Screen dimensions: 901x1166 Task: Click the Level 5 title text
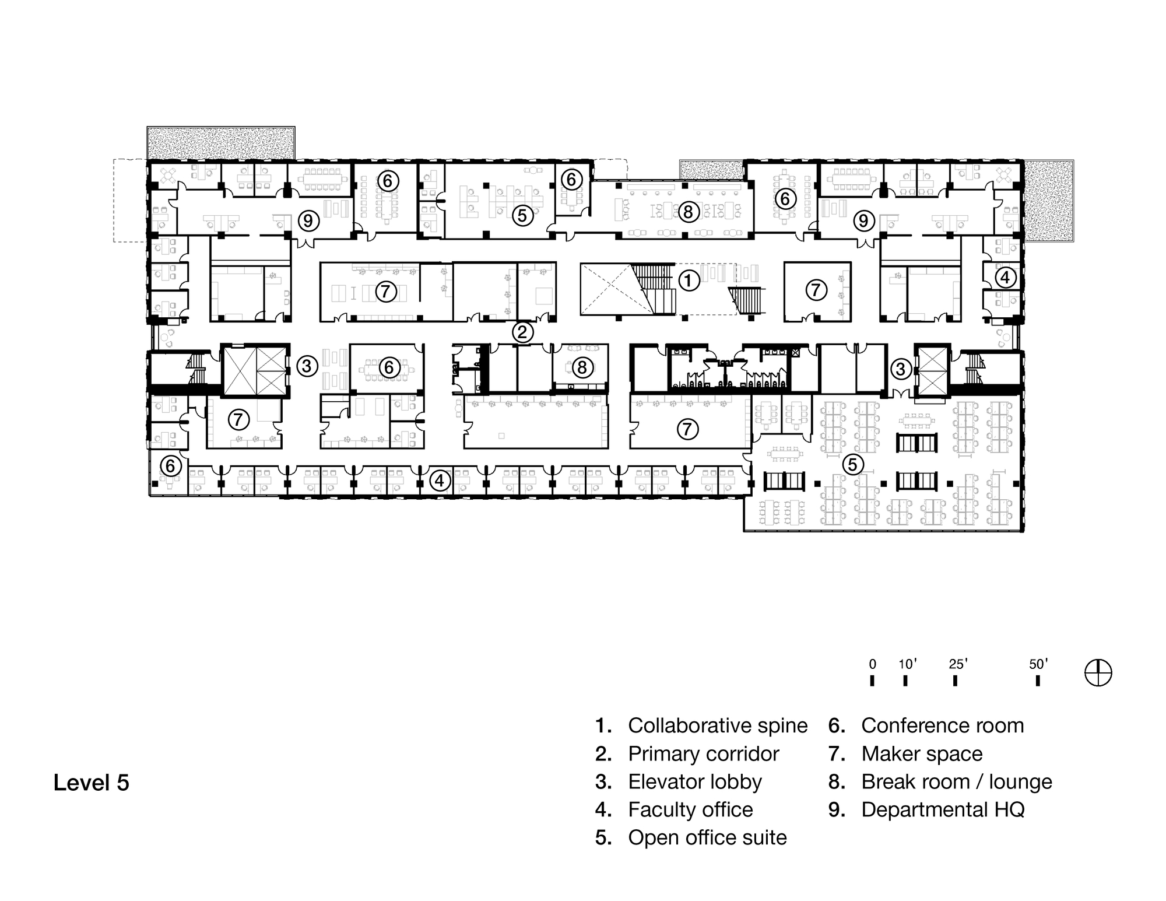tap(91, 782)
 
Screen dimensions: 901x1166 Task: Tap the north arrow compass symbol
tap(1098, 673)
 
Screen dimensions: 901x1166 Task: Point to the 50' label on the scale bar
tap(1038, 664)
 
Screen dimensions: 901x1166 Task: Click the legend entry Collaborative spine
tap(717, 725)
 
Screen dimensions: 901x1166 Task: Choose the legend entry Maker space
tap(921, 753)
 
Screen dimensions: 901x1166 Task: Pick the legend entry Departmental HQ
tap(942, 809)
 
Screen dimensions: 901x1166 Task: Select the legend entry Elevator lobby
tap(694, 781)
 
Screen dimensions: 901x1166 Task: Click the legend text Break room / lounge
tap(956, 781)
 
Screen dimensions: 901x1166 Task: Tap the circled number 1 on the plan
tap(689, 281)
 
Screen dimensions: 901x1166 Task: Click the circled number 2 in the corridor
tap(522, 332)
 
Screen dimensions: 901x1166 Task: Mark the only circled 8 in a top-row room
tap(688, 212)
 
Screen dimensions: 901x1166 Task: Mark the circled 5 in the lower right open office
tap(852, 465)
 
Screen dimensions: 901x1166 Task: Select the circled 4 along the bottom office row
tap(440, 481)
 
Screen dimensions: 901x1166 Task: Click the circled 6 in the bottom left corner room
tap(170, 465)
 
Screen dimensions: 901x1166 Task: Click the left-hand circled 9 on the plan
tap(308, 221)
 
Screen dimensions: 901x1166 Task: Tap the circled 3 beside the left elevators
tap(307, 366)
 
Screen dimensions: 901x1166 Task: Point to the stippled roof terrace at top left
tap(220, 143)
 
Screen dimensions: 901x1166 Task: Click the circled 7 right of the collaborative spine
tap(816, 290)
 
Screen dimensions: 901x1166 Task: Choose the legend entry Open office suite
tap(707, 837)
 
